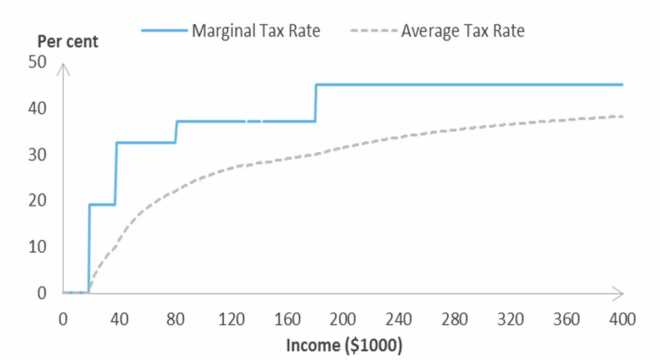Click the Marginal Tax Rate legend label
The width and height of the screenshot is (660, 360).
click(256, 30)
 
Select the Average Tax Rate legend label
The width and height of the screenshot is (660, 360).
click(463, 30)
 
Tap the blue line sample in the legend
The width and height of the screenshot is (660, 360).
click(164, 30)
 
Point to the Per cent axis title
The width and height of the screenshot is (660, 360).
click(68, 41)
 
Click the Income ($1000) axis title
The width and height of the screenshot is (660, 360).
click(344, 345)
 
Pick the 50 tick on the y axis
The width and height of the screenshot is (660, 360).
click(37, 62)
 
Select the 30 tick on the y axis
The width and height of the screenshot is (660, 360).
click(37, 155)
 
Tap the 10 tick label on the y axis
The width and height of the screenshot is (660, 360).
click(37, 247)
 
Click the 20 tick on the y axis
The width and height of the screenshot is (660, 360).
click(37, 201)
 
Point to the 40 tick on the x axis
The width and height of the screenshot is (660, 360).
click(119, 319)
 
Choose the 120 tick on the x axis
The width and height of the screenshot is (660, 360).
click(232, 319)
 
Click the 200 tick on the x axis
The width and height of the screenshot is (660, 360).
click(344, 319)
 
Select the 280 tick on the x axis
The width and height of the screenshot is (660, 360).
click(456, 319)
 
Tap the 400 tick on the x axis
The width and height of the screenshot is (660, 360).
click(623, 319)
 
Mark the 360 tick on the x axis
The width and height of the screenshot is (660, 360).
click(566, 319)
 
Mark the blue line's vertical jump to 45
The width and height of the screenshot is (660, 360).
click(316, 103)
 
